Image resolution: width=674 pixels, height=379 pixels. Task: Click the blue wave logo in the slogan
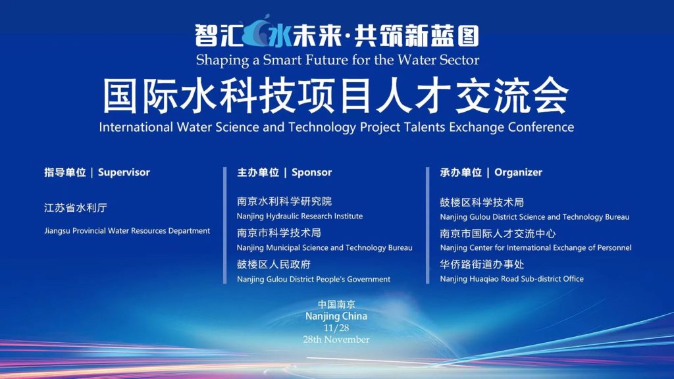point(259,31)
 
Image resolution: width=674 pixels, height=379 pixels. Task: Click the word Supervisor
point(124,172)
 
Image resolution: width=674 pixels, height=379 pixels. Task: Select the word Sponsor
point(311,172)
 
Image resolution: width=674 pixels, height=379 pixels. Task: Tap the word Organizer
point(518,172)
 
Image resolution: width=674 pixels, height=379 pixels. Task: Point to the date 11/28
point(336,328)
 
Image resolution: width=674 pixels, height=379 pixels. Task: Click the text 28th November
point(336,340)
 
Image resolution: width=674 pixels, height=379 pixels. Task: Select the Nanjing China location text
point(336,316)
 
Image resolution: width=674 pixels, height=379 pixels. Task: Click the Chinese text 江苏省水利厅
point(76,208)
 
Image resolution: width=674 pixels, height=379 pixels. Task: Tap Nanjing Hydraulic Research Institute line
point(299,216)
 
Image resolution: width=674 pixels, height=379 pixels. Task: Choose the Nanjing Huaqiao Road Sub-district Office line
point(511,279)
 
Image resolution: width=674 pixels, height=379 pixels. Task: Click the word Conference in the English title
point(541,127)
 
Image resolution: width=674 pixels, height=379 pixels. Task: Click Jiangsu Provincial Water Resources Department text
point(127,231)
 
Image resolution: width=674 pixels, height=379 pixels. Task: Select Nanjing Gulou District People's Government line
point(313,279)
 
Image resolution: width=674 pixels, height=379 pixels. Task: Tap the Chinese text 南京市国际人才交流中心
point(498,234)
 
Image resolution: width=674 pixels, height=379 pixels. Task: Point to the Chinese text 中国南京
point(336,305)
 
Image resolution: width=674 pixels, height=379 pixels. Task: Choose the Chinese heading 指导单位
point(65,172)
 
